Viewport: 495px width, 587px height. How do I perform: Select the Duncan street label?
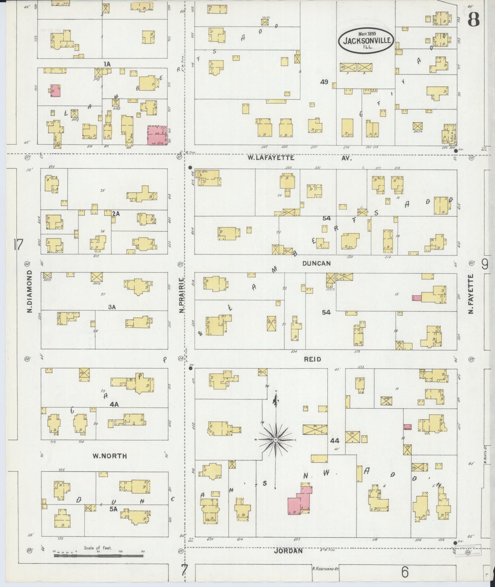coord(317,263)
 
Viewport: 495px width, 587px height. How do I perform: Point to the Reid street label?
coord(312,359)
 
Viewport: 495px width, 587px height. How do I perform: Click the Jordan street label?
coord(288,551)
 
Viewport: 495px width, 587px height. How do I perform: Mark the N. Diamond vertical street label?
coord(30,291)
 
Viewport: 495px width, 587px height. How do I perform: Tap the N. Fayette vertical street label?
coord(471,294)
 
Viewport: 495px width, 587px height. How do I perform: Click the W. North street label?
coord(110,456)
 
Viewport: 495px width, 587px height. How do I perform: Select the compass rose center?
coord(276,439)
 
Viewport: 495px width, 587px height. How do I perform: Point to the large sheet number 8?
coord(474,21)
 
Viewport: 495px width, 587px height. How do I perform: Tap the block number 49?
coord(324,82)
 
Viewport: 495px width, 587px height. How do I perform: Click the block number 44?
coord(335,440)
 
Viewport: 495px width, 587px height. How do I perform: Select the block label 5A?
coord(114,509)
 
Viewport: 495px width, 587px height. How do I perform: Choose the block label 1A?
coord(107,64)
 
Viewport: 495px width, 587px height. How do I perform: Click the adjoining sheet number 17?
coord(18,245)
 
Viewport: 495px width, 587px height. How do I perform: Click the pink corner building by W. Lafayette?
coord(157,136)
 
